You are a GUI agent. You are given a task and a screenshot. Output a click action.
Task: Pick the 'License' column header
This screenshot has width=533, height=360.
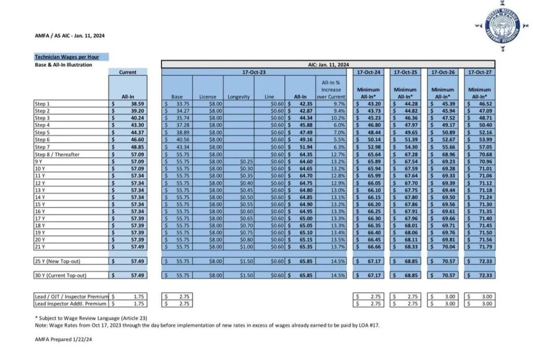(208, 96)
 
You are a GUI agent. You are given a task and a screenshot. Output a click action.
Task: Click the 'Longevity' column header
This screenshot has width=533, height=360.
(238, 96)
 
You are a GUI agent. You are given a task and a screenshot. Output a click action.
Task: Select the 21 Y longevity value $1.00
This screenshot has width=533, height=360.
(245, 246)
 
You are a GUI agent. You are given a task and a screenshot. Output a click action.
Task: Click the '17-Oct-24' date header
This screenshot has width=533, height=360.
(369, 72)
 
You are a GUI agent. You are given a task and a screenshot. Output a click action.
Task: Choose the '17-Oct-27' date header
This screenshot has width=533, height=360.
(479, 72)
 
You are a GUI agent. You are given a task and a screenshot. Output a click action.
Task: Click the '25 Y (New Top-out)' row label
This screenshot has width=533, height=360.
(57, 260)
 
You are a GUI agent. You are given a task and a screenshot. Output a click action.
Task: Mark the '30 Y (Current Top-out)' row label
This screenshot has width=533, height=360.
(60, 275)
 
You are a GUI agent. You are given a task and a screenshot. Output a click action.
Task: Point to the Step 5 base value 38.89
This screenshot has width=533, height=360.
(181, 132)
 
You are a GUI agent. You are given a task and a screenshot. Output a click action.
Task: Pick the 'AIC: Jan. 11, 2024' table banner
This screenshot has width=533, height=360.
(328, 65)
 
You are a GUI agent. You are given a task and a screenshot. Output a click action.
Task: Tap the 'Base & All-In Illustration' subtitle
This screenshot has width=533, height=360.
(63, 65)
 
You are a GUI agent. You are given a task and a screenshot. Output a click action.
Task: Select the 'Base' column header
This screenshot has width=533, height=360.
(176, 96)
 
